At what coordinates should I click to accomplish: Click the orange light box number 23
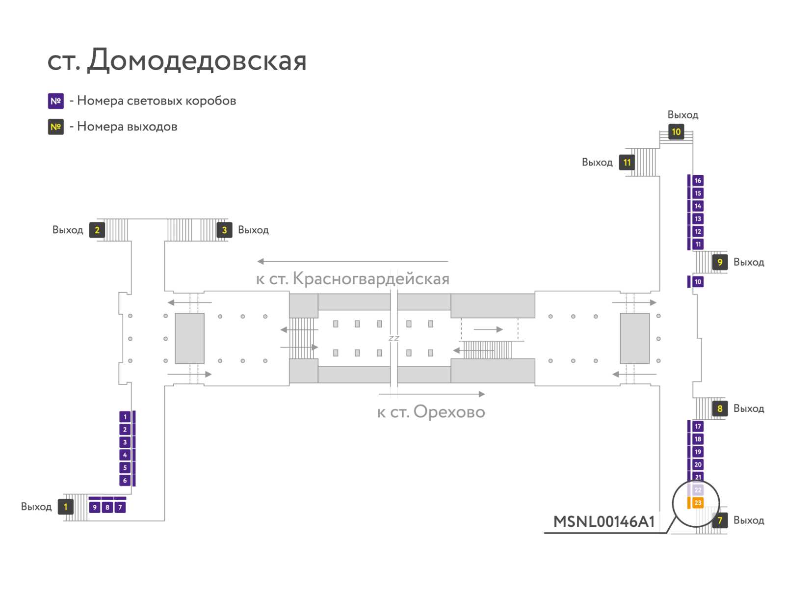coord(697,503)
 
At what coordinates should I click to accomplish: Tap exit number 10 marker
coord(676,132)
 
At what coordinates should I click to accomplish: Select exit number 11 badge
coord(627,163)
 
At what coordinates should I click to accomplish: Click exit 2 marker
coord(97,230)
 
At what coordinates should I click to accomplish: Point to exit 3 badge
coord(224,230)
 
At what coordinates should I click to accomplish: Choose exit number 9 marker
coord(720,262)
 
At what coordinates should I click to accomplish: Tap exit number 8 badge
coord(720,408)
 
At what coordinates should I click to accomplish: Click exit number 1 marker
coord(65,507)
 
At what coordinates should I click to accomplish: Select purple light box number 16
coord(697,180)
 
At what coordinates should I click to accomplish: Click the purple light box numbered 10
coord(697,281)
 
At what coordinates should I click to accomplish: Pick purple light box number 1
coord(125,417)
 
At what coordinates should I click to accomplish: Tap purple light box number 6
coord(125,480)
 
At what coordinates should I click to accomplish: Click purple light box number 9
coord(94,507)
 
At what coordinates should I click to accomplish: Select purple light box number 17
coord(697,426)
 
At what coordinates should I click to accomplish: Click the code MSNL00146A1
coord(603,521)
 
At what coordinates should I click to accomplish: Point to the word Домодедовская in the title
coord(197,60)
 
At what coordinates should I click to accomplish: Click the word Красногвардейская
coord(371,278)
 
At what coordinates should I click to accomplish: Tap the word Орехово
coord(449,412)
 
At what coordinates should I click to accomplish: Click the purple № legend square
coord(56,101)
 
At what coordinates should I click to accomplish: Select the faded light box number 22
coord(697,489)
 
